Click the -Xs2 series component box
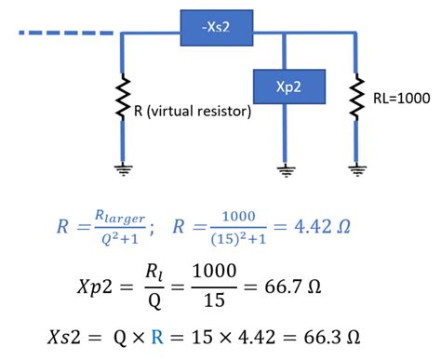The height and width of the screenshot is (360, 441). (x=217, y=29)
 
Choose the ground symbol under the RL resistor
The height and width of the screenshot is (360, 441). (x=355, y=169)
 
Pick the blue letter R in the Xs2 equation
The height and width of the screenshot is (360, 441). (x=213, y=335)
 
